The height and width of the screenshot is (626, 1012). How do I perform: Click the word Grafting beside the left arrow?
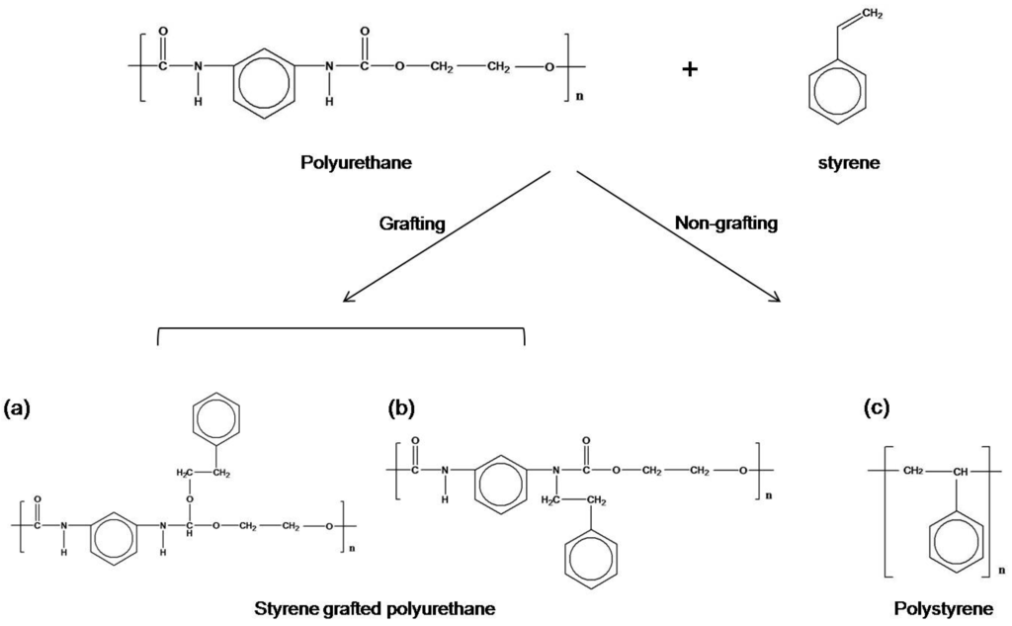click(x=412, y=224)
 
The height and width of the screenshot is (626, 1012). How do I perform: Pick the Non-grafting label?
click(x=725, y=224)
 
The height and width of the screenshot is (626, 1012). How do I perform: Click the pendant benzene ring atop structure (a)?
click(x=214, y=417)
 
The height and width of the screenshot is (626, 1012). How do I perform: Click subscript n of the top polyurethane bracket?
click(x=579, y=98)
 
